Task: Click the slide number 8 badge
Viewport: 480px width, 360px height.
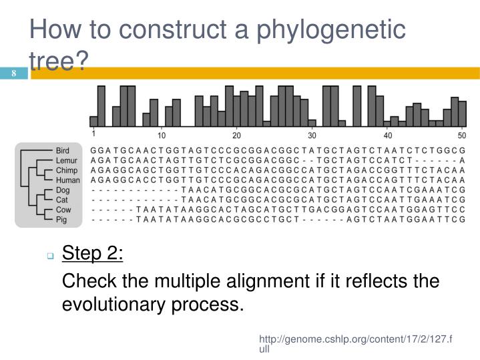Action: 13,73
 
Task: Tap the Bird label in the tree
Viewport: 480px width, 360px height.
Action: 62,151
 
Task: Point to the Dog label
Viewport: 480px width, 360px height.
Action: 63,190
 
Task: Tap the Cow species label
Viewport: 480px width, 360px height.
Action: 62,209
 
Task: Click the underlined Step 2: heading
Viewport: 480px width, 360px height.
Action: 93,254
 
